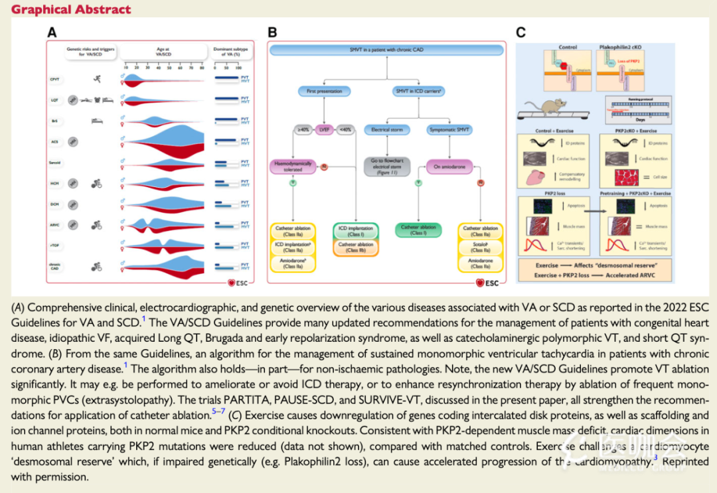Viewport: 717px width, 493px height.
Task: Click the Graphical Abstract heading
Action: click(69, 10)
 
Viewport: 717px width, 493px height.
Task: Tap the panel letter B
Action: click(273, 32)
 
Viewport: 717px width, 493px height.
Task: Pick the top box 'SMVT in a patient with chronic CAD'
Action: click(388, 50)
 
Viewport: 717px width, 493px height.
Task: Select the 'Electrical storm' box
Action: click(387, 129)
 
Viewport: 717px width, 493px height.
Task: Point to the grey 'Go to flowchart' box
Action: click(387, 165)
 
